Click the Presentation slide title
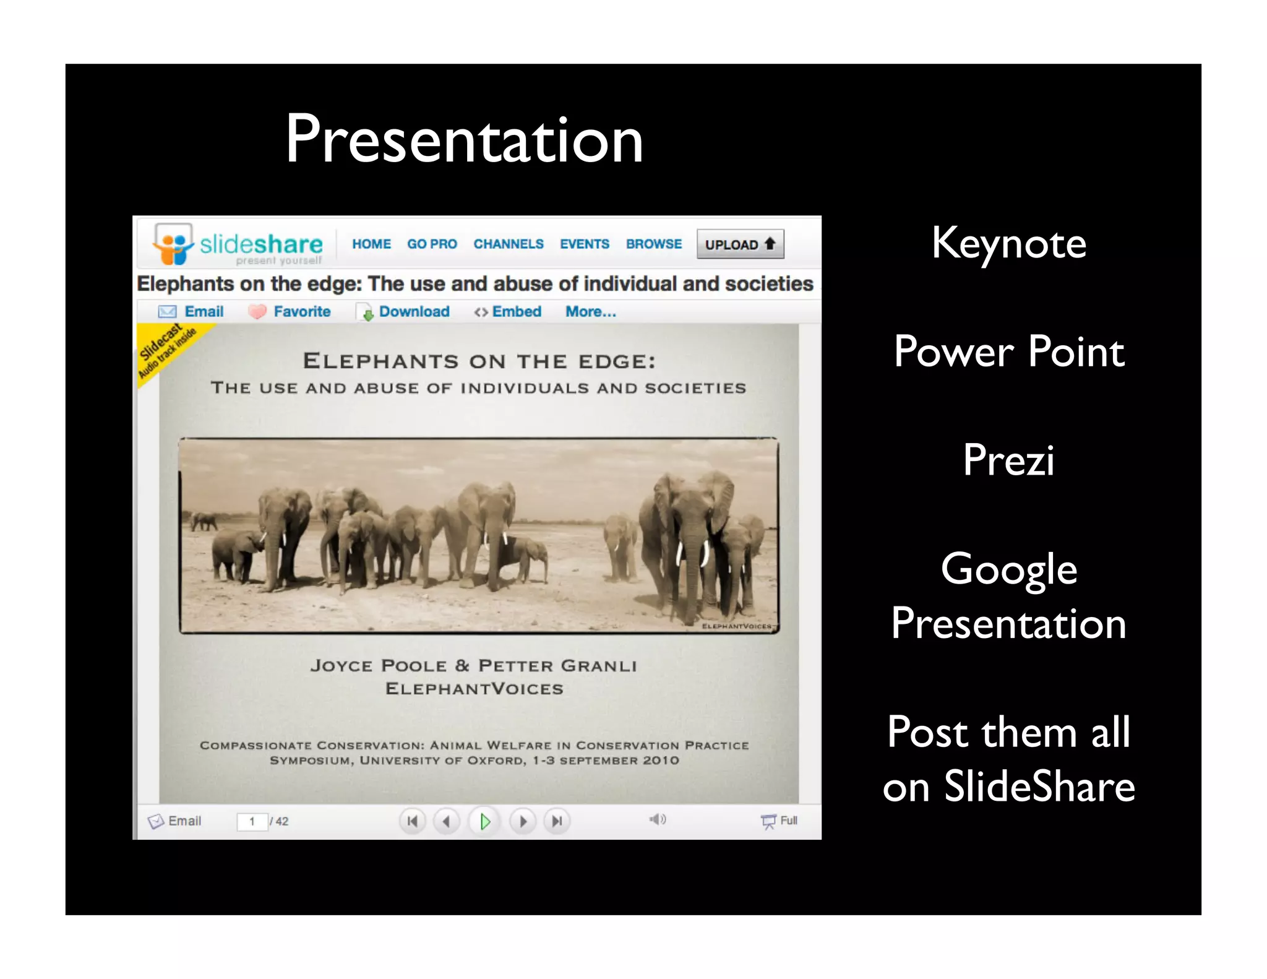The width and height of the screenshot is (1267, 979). click(464, 140)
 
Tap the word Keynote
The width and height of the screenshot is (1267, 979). click(1008, 244)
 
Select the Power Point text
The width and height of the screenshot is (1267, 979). click(1008, 351)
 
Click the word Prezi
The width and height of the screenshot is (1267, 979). click(1008, 460)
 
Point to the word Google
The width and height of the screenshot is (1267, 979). click(1008, 569)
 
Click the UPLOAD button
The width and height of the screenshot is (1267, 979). click(740, 244)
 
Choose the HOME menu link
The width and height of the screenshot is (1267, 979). click(371, 244)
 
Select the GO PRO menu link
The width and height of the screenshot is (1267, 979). click(432, 244)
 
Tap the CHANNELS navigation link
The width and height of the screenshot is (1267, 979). click(509, 244)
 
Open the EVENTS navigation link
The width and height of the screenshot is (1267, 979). click(585, 244)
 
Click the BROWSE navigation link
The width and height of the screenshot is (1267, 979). click(654, 244)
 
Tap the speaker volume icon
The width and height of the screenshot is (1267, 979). click(658, 819)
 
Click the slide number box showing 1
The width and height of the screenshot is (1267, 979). click(252, 822)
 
